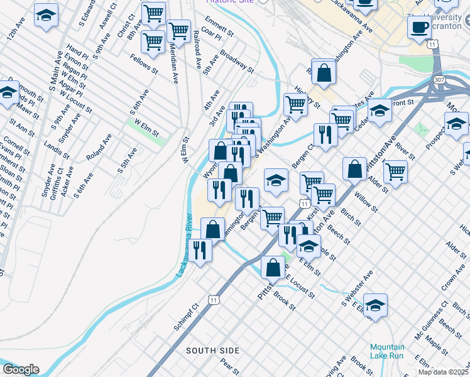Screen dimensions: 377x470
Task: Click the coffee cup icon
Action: (419, 27)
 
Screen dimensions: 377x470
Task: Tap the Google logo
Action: (21, 369)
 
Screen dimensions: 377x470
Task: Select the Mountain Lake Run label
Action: (386, 351)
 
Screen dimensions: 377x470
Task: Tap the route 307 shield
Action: (439, 80)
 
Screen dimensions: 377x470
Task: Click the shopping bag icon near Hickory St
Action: (324, 72)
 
